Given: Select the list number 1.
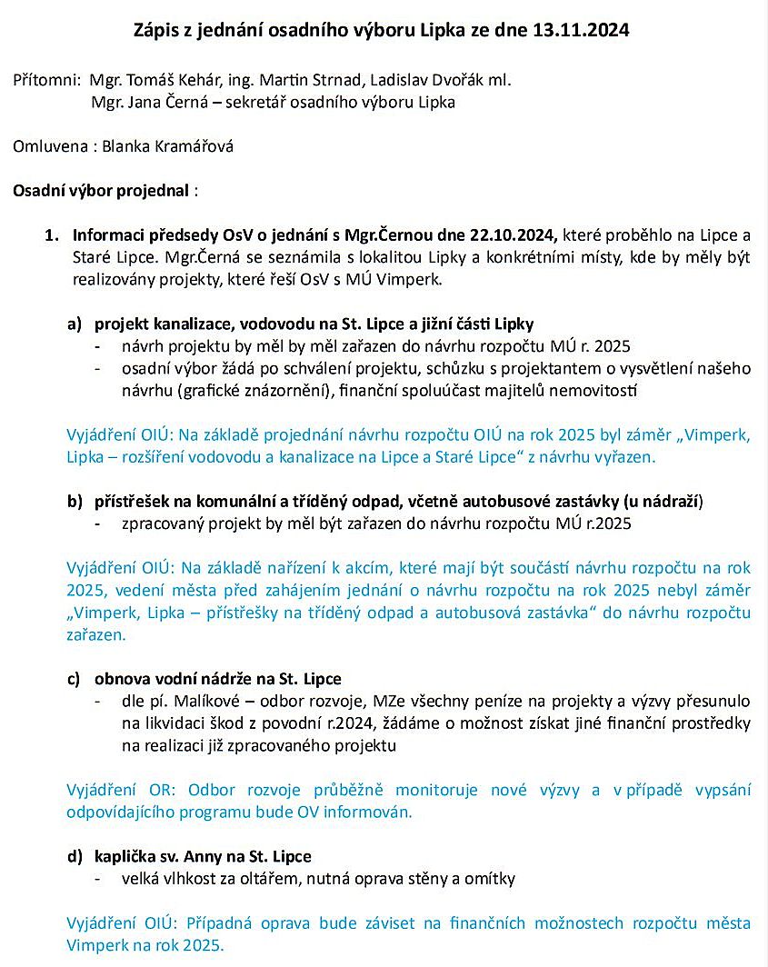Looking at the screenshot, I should pos(50,234).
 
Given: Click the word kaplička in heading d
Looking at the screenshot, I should pos(123,856).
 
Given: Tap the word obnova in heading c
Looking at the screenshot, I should pos(119,679).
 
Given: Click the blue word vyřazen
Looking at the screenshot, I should pos(626,457).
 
